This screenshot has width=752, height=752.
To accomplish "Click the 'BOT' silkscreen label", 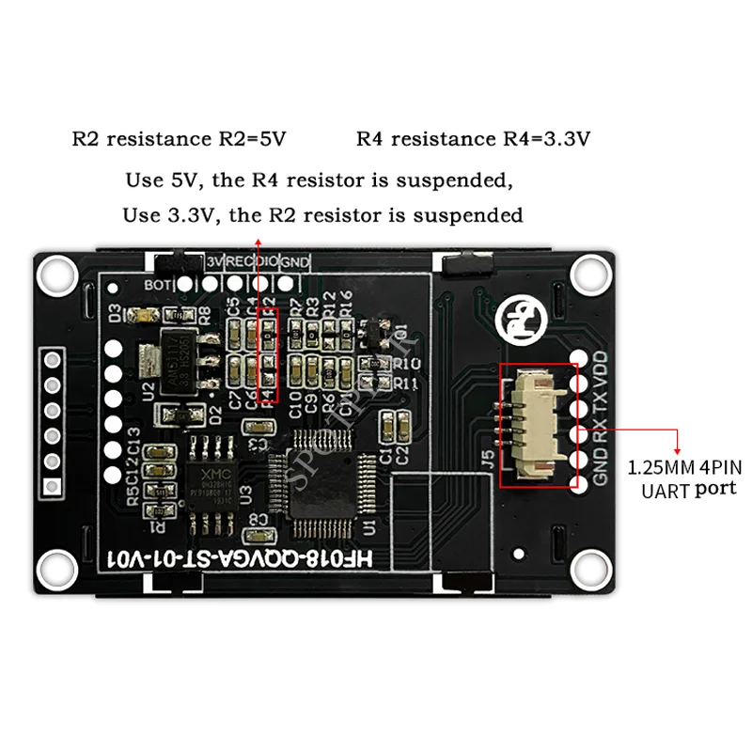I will click(x=156, y=282).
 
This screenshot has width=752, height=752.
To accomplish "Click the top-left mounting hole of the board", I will click(x=58, y=273).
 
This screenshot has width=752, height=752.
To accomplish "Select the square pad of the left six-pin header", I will click(x=53, y=487).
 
